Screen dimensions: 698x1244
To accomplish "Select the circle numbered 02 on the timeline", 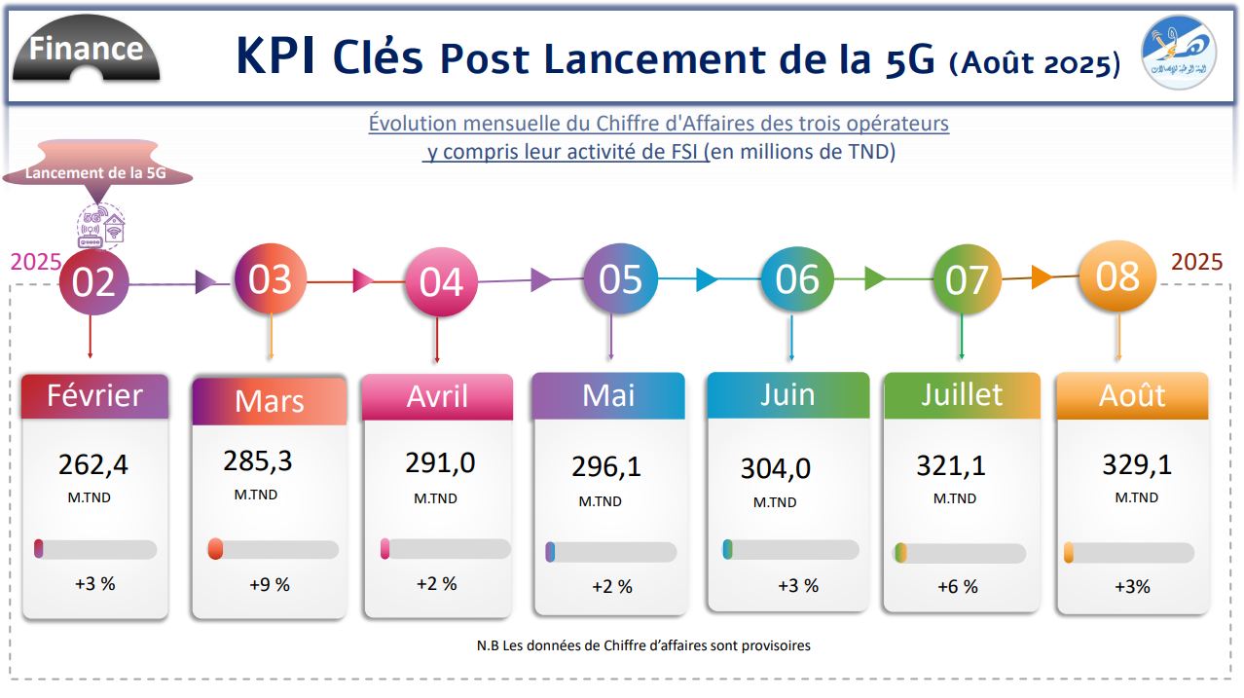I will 93,282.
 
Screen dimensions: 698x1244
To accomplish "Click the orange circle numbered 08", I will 1117,276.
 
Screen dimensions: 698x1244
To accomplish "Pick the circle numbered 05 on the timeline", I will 620,279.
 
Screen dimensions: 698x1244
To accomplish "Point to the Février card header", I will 94,396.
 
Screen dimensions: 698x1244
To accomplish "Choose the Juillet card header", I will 962,394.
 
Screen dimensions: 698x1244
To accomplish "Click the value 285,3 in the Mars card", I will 258,460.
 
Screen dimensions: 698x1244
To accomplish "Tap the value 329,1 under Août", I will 1136,464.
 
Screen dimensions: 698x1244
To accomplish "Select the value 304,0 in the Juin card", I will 775,468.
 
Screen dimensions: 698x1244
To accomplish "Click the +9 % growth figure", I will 270,585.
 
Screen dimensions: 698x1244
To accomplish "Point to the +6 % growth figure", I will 957,587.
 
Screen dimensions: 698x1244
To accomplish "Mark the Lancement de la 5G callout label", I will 95,173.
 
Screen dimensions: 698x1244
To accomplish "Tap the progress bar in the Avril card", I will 446,549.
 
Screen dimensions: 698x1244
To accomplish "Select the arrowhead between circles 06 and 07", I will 874,279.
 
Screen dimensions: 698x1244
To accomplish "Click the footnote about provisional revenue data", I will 643,645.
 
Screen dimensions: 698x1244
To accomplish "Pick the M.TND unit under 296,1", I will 600,501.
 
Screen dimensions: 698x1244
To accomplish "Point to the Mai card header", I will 607,395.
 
